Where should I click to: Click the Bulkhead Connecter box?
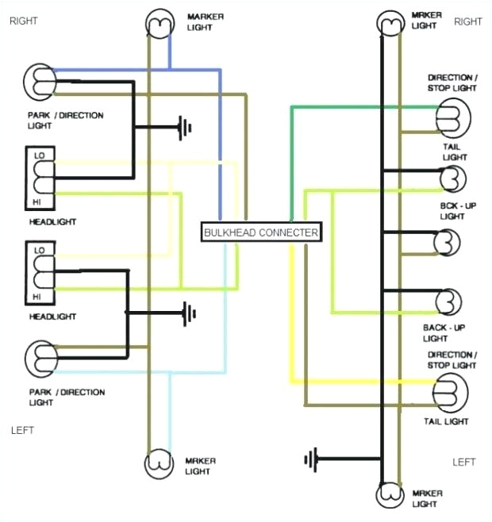tap(261, 232)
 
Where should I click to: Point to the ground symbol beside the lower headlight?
tap(188, 313)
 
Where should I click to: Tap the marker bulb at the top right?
tap(391, 24)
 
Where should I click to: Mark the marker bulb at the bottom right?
tap(391, 496)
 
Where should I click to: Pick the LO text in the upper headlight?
tap(39, 155)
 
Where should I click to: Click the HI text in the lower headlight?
tap(37, 296)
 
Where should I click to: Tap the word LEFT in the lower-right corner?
tap(463, 462)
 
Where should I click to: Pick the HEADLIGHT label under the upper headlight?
tap(52, 222)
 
